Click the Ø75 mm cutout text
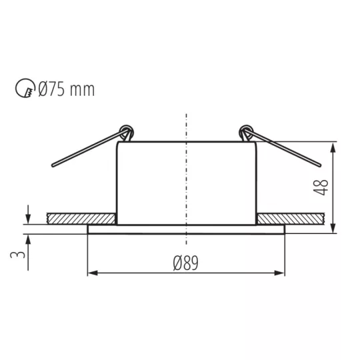pyautogui.click(x=67, y=89)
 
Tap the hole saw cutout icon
pyautogui.click(x=25, y=88)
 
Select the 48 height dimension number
pyautogui.click(x=321, y=187)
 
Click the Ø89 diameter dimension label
pyautogui.click(x=185, y=263)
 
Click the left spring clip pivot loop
pyautogui.click(x=127, y=131)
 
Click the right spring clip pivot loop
pyautogui.click(x=246, y=131)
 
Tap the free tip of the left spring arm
pyautogui.click(x=53, y=165)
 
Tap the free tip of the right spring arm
pyautogui.click(x=319, y=165)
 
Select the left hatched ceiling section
pyautogui.click(x=81, y=219)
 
